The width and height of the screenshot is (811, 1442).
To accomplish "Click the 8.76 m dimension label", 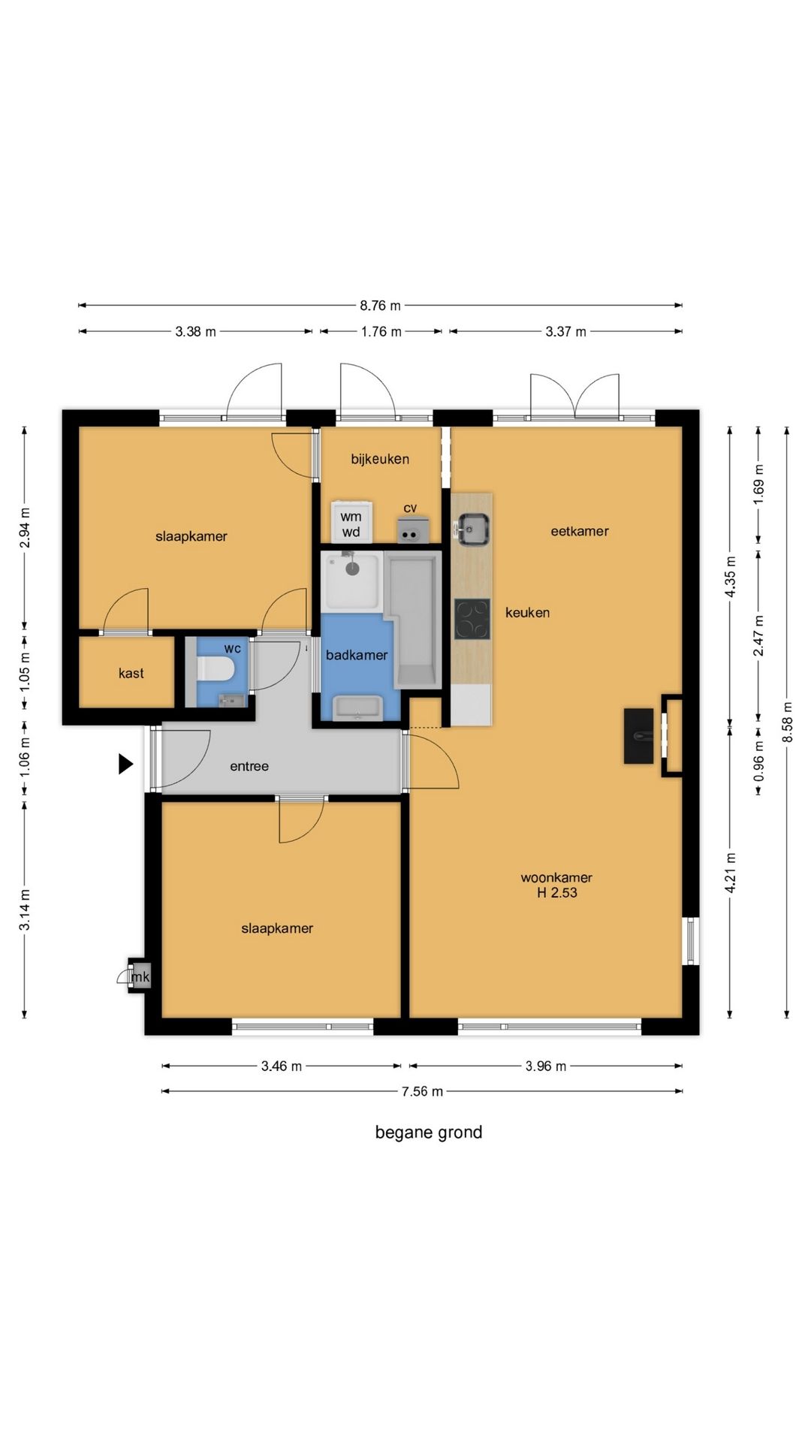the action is pos(380,306).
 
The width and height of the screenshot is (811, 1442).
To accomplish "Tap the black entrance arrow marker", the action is pos(126,764).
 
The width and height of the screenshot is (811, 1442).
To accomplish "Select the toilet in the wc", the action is pos(215,668).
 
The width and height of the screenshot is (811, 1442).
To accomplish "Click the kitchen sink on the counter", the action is pos(472,529).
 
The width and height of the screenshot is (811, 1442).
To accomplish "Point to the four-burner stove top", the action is pos(472,620).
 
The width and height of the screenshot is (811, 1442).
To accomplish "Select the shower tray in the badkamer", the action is pos(353,581).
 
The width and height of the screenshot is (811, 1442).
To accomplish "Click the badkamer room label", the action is pos(357,655).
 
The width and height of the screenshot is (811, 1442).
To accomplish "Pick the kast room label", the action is pos(131,673).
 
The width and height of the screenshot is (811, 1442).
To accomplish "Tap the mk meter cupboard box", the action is pos(140,976).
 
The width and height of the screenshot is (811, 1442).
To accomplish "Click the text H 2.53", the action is pos(557,892).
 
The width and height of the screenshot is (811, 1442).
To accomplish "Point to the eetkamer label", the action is pos(580,531).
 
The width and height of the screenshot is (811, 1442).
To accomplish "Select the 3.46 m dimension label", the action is pos(282,1066).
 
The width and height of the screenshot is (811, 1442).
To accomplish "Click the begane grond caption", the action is pos(429,1132).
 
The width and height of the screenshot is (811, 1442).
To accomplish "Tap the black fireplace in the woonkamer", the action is pos(639,736).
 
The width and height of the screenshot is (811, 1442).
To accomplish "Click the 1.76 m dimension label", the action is pos(381,331).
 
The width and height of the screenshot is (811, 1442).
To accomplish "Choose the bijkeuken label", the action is pos(380,459).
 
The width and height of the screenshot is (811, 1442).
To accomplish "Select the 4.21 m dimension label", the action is pos(731,872).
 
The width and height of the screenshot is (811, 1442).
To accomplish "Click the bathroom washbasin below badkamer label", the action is pos(357,707).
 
